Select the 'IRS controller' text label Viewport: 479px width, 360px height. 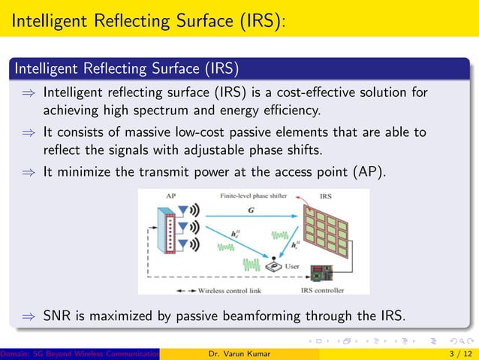323,289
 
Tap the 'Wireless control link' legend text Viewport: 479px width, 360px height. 233,289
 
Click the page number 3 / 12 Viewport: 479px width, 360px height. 459,353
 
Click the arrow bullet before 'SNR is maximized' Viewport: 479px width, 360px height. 27,316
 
